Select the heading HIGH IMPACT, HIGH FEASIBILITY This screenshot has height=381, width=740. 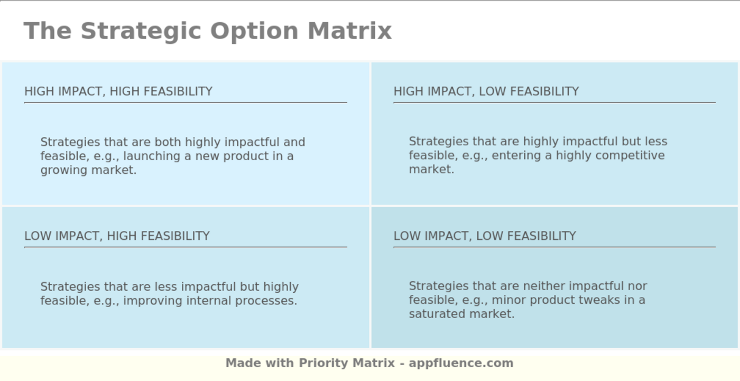(x=118, y=91)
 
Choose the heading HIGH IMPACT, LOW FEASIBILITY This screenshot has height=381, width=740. (x=486, y=91)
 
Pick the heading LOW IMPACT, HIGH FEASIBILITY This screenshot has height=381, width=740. (x=117, y=236)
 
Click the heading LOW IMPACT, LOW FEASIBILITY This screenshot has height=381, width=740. (x=485, y=236)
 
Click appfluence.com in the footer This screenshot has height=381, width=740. (x=461, y=363)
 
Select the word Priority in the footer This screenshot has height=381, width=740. (x=323, y=363)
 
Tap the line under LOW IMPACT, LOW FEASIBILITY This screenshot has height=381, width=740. (x=554, y=247)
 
